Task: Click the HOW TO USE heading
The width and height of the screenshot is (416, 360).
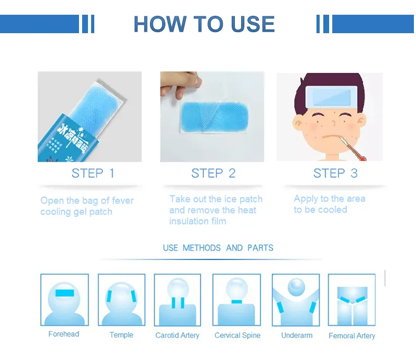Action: point(204,24)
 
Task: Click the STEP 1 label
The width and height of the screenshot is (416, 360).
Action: point(93,173)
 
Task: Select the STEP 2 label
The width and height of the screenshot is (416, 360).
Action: point(213,173)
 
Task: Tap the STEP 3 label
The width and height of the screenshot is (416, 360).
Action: point(335,173)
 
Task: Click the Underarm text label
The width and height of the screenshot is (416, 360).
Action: point(296,335)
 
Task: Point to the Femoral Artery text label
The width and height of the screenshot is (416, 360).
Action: point(352,336)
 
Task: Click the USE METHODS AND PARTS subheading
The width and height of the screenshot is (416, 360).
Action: point(218,248)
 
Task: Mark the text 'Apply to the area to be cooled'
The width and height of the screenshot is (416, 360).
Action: point(329,204)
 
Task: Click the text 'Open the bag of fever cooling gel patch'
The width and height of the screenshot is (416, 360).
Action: point(87,206)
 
